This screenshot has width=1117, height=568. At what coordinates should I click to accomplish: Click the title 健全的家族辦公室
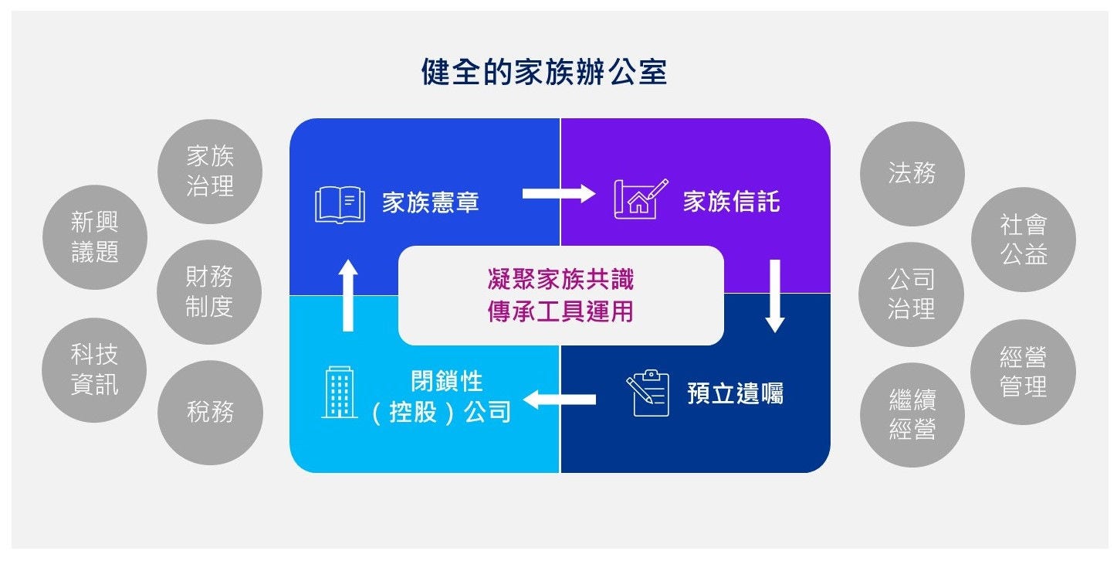click(543, 73)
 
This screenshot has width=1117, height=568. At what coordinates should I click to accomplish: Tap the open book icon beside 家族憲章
click(340, 203)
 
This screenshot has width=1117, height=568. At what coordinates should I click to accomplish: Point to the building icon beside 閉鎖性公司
click(339, 393)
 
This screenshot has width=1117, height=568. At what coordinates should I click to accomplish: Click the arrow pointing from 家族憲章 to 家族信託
click(558, 193)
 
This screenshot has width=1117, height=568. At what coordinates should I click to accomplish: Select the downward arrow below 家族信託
click(775, 296)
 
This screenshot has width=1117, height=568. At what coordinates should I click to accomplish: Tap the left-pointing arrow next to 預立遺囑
click(560, 400)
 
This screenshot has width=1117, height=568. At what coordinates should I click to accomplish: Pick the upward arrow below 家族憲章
click(348, 294)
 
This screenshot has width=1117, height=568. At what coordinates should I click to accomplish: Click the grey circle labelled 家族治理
click(210, 172)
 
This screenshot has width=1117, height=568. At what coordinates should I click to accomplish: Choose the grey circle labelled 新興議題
click(95, 237)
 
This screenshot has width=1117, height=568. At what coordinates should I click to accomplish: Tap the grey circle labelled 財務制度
click(209, 291)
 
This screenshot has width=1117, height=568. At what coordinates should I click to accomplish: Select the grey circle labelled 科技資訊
click(94, 369)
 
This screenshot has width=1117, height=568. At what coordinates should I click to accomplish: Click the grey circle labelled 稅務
click(210, 412)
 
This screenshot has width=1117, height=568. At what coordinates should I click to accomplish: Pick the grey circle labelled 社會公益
click(1023, 240)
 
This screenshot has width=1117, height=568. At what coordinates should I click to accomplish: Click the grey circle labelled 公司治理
click(911, 294)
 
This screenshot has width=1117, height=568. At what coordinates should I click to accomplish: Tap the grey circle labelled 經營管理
click(1023, 372)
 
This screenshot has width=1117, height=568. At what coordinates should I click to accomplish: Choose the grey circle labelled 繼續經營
click(912, 414)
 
